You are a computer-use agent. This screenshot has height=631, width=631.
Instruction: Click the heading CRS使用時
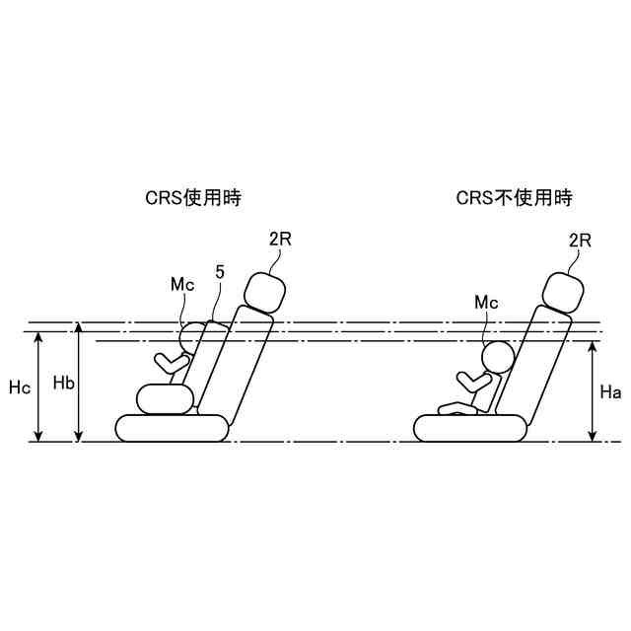coord(193,198)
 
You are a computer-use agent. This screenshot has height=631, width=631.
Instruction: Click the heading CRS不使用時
coord(514,198)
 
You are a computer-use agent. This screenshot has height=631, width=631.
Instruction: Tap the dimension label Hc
coord(20,387)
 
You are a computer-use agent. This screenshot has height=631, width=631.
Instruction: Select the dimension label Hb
coord(64,383)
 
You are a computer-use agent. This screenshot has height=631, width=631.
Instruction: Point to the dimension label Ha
coord(609,391)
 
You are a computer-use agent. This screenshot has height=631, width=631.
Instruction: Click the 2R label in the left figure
coord(281,239)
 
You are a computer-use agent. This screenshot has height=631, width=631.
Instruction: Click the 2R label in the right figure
coord(580,239)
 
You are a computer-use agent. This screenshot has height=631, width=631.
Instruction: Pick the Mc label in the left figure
coord(181,285)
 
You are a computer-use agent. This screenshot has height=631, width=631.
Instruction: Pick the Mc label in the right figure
coord(487,301)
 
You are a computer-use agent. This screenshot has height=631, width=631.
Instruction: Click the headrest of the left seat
coord(264,292)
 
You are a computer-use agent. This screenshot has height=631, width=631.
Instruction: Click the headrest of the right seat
coord(565,292)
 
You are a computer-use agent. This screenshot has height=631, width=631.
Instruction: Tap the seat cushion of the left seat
coord(173,427)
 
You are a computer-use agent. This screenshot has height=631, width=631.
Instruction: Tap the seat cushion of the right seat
coord(470,427)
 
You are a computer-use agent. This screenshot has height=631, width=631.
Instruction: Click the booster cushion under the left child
coord(164,398)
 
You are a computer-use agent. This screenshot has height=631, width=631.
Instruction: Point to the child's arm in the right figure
coord(471,379)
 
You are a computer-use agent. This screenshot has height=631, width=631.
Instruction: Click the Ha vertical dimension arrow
coord(593,391)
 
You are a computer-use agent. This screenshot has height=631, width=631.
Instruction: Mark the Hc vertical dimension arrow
coord(38,386)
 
